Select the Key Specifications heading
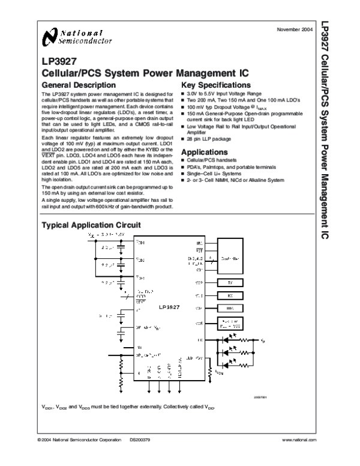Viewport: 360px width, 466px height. tap(215, 85)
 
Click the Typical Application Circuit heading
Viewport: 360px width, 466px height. tap(90, 225)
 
